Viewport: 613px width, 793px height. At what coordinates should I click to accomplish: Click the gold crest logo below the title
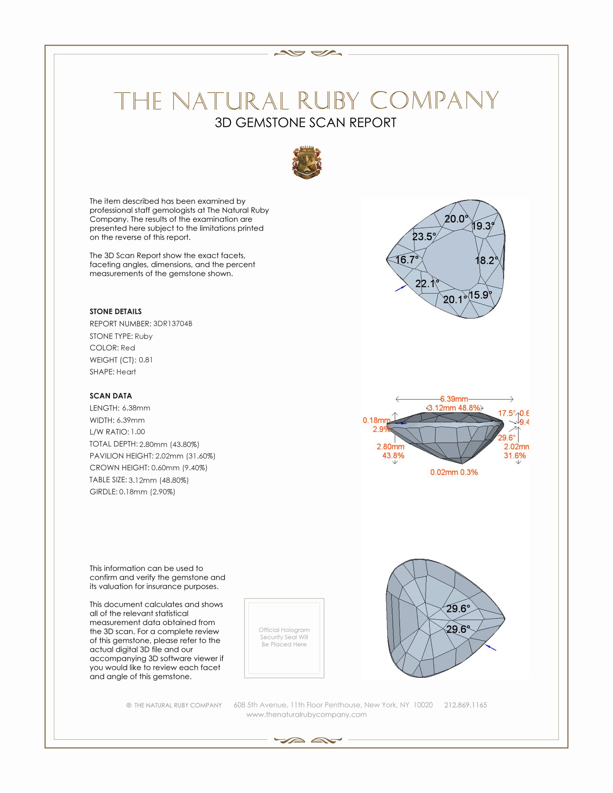pos(307,163)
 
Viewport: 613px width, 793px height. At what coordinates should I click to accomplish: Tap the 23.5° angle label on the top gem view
pos(424,237)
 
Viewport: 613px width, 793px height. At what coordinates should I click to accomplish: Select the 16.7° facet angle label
pos(407,260)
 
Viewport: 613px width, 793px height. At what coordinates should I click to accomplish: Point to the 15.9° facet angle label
pos(480,295)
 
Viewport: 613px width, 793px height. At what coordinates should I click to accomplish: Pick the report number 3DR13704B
pos(172,324)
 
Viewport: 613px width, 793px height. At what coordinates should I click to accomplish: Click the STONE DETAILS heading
pos(115,311)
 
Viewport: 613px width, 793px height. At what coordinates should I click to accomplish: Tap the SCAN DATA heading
pos(111,396)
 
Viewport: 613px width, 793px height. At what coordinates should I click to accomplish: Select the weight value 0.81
pos(146,360)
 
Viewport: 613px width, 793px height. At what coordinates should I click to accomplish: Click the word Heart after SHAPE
pos(126,372)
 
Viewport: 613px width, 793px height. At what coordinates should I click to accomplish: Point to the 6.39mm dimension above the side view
pos(454,399)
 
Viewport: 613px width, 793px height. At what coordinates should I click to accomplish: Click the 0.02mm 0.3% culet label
pos(454,473)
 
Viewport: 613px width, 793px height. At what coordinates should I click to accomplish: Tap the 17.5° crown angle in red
pos(506,413)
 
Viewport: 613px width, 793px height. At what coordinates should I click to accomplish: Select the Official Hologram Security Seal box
pos(284,638)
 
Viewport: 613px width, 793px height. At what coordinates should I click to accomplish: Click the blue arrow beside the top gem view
pos(400,288)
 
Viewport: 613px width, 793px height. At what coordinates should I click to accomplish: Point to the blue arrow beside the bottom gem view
pos(491,648)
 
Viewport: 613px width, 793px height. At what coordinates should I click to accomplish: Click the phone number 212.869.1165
pos(466,705)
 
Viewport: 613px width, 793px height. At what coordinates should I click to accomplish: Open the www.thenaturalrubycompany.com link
pos(306,714)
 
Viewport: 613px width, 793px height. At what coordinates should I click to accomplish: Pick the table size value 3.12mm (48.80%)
pos(158,480)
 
